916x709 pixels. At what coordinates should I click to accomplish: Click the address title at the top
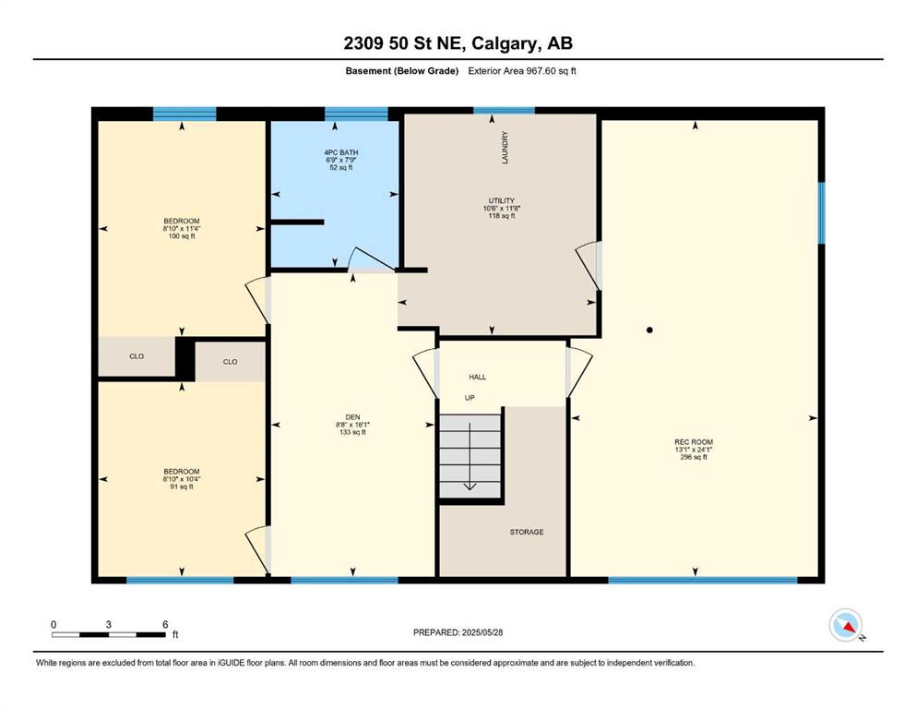tap(458, 43)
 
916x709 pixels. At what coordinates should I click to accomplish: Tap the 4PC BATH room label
tap(341, 152)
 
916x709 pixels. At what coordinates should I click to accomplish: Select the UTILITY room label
tap(502, 200)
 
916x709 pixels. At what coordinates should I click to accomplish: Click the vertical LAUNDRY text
tap(505, 148)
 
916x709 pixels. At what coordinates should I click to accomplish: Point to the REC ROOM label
tap(694, 442)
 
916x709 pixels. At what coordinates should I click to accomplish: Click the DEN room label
tap(353, 416)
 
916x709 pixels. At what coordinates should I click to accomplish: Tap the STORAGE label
tap(527, 532)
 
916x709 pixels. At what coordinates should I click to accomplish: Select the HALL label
tap(477, 377)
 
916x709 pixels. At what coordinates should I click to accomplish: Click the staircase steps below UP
tap(470, 456)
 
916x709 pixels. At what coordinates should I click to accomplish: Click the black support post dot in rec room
tap(649, 330)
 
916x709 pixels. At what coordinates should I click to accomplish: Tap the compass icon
tap(846, 625)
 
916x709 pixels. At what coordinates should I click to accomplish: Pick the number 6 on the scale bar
tap(165, 624)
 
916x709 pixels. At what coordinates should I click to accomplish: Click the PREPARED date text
tap(458, 632)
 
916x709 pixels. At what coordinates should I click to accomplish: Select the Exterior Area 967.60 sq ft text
tap(522, 71)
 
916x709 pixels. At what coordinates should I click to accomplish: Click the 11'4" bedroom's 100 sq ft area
tap(182, 236)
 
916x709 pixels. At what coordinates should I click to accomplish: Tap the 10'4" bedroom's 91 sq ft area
tap(182, 487)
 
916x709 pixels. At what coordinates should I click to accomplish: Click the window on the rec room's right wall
tap(821, 212)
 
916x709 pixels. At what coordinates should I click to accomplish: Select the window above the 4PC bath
tap(356, 114)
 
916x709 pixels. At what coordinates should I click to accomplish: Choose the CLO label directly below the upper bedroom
tap(137, 356)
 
